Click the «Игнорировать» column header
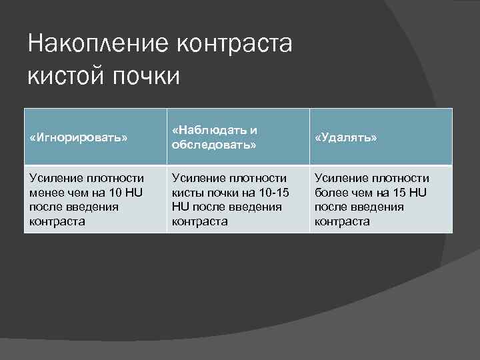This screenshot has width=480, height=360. pos(79,137)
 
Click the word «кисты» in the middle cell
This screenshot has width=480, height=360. pos(187,193)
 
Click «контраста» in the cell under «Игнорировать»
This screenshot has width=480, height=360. pos(57,221)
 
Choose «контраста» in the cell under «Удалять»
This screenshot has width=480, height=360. pos(342,221)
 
